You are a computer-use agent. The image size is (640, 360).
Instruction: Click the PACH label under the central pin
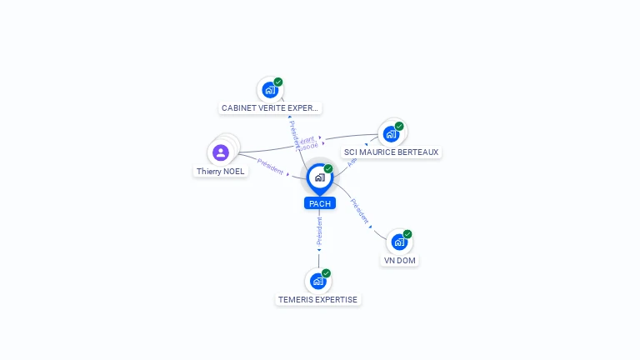point(319,203)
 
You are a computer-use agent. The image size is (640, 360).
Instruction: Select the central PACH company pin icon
point(319,177)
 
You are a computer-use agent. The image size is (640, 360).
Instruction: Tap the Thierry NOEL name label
point(221,171)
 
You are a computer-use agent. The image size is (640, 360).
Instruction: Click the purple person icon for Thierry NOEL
point(221,152)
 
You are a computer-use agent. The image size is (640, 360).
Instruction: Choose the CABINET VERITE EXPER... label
point(270,108)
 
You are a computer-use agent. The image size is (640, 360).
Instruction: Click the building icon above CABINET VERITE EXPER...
point(269,90)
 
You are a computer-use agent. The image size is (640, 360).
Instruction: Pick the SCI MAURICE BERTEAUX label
point(391,152)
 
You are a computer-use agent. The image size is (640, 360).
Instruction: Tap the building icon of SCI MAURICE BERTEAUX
point(390,134)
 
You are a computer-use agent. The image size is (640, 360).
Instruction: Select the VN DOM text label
point(399,260)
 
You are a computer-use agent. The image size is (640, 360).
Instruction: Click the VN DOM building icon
point(399,242)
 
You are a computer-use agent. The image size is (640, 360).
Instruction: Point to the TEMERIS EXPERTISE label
point(317,299)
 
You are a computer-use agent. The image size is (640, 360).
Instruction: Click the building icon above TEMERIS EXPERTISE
point(317,281)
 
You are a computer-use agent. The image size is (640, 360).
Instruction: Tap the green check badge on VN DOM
point(407,234)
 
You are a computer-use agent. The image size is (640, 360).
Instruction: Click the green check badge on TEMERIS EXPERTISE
point(326,273)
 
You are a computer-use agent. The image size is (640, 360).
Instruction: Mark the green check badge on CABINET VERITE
point(278,82)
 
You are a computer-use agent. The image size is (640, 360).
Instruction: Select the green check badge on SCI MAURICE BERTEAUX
point(399,127)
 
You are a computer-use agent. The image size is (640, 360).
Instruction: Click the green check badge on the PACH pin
point(328,169)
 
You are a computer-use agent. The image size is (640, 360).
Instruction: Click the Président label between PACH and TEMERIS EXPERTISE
point(319,231)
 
